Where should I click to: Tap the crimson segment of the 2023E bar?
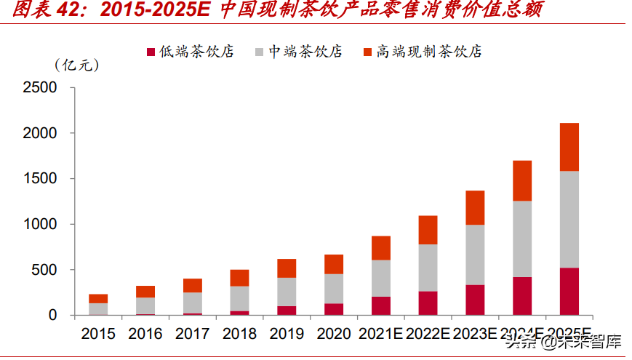tap(475, 300)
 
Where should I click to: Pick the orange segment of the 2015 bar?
tap(98, 298)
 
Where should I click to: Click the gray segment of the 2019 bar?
tap(287, 292)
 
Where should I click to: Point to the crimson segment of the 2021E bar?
tap(380, 305)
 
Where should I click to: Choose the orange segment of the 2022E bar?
tap(428, 230)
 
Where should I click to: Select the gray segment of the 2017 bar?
tap(193, 303)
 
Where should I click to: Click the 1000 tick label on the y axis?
tap(39, 225)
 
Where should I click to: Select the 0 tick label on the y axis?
tap(52, 316)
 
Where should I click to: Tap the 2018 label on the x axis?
tap(239, 334)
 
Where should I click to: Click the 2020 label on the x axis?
tap(334, 334)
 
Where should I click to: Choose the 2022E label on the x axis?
tap(428, 334)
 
